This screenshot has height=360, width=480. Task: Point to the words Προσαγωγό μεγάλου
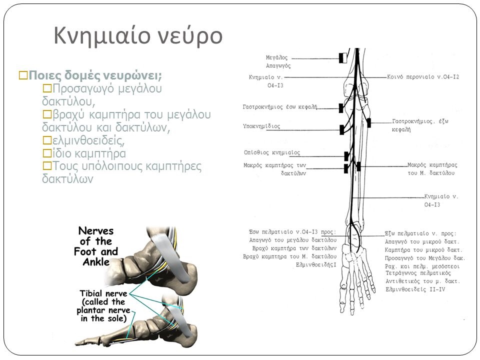click(103, 88)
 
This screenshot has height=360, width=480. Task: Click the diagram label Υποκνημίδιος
click(262, 126)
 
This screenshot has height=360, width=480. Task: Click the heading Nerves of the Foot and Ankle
click(97, 246)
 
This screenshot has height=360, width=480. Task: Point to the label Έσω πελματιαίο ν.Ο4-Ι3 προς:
click(292, 231)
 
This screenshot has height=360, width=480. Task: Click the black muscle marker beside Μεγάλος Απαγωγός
click(343, 58)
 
